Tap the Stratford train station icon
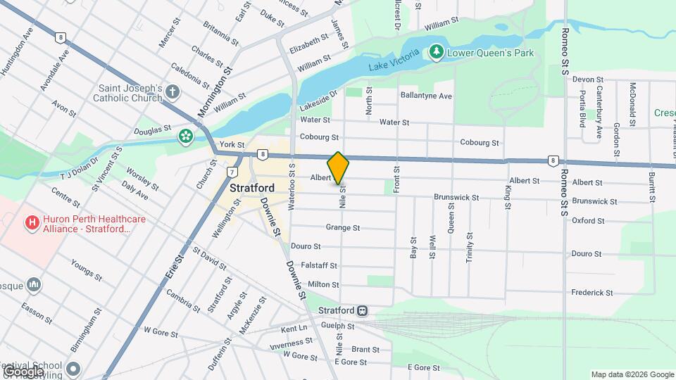362,310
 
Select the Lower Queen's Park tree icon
437,53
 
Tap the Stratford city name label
251,189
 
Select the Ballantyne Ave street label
426,96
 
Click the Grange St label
343,227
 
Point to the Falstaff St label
320,266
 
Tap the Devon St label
588,80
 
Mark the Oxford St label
588,220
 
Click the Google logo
23,371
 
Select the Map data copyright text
632,374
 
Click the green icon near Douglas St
186,136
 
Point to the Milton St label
324,284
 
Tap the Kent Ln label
294,329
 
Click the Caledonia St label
189,76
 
